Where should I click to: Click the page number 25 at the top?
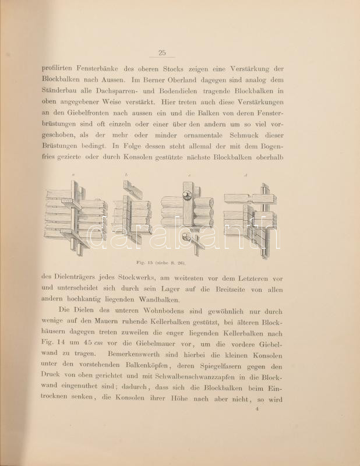[162, 53]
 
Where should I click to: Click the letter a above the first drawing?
[73, 175]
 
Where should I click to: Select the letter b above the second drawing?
[126, 175]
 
